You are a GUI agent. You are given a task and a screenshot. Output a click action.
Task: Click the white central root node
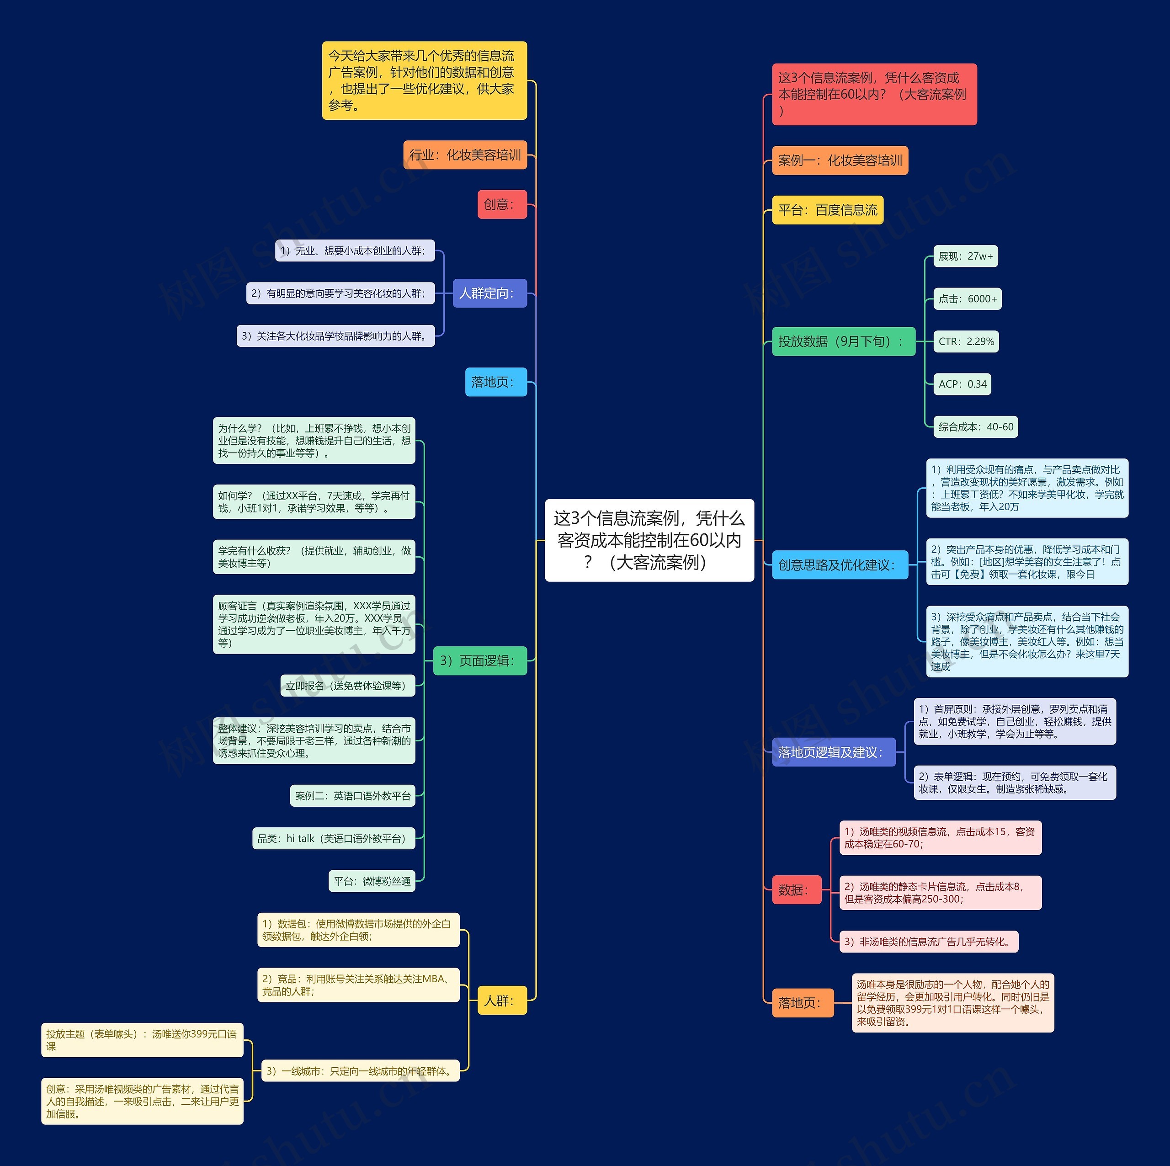point(649,540)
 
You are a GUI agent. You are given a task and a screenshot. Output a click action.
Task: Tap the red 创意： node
point(501,205)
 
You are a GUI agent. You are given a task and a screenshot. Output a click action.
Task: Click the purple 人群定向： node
point(489,293)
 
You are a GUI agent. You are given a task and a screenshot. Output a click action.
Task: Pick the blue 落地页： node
point(495,382)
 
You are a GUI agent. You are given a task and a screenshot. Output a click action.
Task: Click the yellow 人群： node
point(501,1001)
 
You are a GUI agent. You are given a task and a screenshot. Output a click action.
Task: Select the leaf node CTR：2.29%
point(965,341)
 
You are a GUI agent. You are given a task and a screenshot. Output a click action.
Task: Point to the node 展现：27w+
point(965,256)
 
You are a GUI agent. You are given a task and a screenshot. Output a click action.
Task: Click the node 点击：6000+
point(967,298)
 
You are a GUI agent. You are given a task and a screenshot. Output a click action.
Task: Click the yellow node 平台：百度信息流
point(827,210)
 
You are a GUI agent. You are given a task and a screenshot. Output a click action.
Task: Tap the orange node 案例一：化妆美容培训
point(840,160)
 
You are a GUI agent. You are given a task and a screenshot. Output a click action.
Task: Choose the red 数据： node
point(796,890)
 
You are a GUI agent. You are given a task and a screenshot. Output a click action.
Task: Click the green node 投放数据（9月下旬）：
point(843,341)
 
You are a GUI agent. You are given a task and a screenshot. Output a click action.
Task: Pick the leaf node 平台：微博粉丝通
point(372,881)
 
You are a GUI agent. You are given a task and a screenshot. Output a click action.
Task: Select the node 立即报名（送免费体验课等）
point(348,686)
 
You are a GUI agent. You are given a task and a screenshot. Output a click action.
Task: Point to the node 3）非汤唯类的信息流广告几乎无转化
point(928,942)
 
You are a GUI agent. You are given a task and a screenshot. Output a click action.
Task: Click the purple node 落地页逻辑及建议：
point(833,752)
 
